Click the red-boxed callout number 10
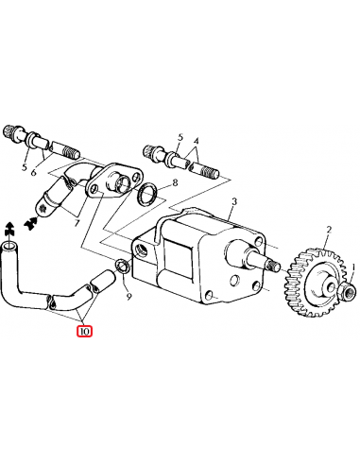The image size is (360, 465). pos(85,331)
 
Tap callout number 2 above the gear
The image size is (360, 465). pos(328,230)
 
